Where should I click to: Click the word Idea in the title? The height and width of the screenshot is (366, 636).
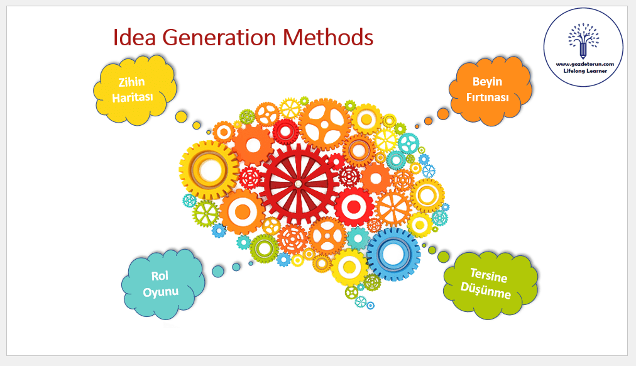[x=134, y=37]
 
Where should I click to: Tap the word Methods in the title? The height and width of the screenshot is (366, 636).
[x=327, y=37]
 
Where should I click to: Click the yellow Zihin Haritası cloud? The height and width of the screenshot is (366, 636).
[x=135, y=90]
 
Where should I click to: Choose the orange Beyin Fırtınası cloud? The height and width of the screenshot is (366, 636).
[x=490, y=91]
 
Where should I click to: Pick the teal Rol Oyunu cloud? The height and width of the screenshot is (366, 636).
[x=163, y=284]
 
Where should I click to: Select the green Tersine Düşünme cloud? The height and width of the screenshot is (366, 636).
[x=490, y=286]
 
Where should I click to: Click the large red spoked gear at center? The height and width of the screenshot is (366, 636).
[x=299, y=184]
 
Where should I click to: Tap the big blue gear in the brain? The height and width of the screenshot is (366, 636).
[x=393, y=255]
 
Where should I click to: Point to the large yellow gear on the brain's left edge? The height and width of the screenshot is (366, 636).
[x=209, y=170]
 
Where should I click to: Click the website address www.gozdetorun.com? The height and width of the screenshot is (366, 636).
[x=584, y=64]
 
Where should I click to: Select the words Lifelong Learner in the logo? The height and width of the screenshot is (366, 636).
[x=585, y=71]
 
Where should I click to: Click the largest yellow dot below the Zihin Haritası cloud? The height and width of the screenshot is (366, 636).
[x=181, y=117]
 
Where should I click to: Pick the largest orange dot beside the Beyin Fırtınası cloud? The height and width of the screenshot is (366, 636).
[x=443, y=114]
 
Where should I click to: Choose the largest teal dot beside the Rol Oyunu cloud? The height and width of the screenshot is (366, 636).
[x=218, y=272]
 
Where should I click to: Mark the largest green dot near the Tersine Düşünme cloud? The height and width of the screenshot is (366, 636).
[x=444, y=257]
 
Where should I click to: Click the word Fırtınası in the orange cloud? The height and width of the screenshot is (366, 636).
[x=488, y=98]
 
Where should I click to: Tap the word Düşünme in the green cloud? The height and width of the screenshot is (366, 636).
[x=486, y=291]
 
